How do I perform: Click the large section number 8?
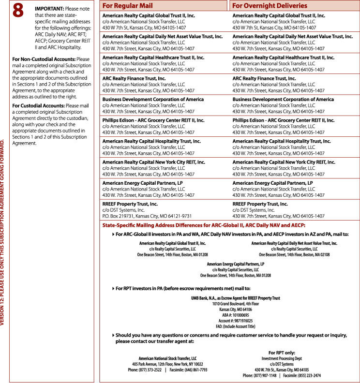(18, 11)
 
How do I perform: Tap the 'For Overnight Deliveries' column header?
(269, 6)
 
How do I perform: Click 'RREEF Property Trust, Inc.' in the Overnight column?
(260, 204)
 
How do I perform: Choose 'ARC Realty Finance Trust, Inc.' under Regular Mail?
(134, 78)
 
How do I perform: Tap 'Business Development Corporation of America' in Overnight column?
(283, 99)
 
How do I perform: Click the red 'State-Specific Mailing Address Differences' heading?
(204, 225)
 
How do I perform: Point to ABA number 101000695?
(236, 315)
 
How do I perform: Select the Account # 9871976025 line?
(236, 321)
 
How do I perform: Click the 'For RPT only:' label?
(282, 353)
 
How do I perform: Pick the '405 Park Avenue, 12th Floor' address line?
(167, 364)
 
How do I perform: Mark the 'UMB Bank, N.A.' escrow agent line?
(236, 298)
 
